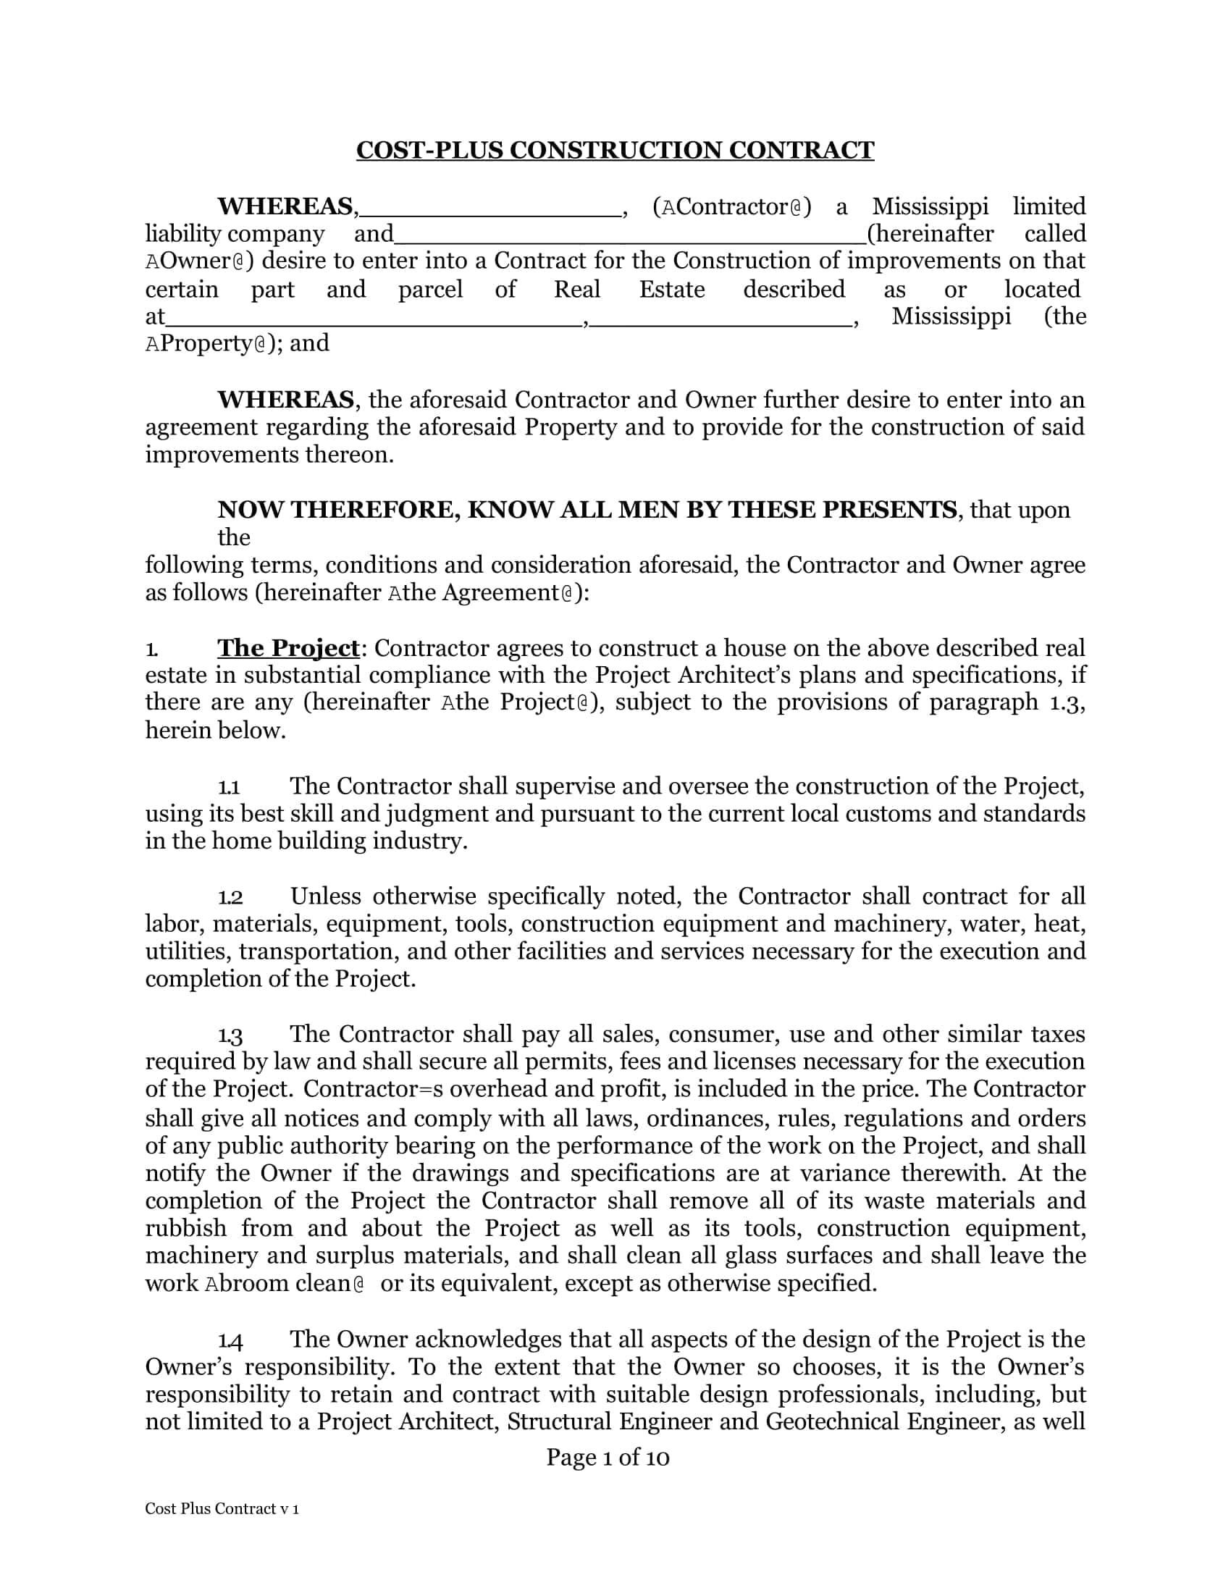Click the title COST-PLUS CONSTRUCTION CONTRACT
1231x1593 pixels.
[615, 151]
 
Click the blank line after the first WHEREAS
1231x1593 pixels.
[490, 213]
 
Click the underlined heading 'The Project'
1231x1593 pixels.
[288, 648]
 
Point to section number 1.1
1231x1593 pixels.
[229, 787]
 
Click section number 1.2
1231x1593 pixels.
[230, 897]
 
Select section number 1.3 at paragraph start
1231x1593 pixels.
[230, 1035]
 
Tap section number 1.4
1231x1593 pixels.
[230, 1340]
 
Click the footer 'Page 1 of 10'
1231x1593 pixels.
[608, 1458]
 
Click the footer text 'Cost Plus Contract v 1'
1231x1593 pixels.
[222, 1509]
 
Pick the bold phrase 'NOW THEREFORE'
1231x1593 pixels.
[338, 509]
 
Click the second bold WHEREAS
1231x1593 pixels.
[285, 400]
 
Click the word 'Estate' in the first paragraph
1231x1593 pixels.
[672, 290]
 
